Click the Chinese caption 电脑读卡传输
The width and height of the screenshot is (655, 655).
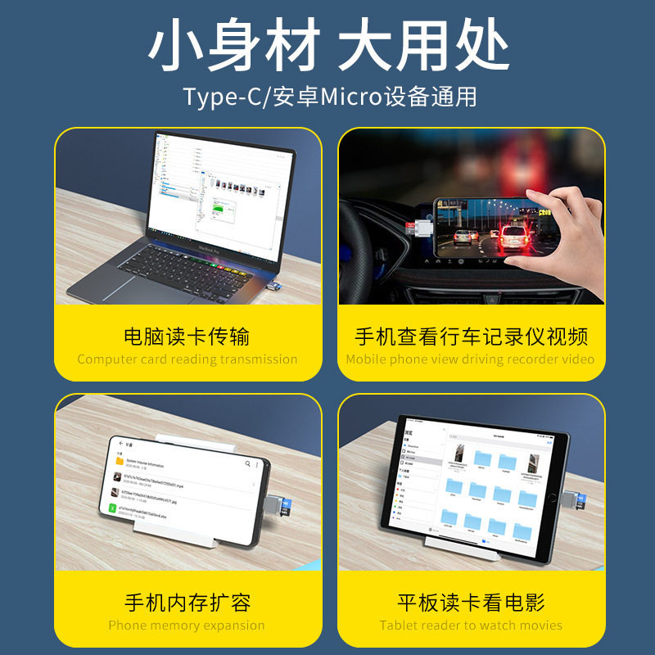[187, 337]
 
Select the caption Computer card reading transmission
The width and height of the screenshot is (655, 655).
[187, 359]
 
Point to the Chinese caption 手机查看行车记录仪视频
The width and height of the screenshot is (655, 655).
[471, 337]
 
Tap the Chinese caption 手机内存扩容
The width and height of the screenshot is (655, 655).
[187, 603]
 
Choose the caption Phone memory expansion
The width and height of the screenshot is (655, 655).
[187, 626]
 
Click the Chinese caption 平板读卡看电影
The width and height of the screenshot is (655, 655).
[471, 603]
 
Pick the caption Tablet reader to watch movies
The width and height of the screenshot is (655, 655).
[471, 626]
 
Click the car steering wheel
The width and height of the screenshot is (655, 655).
[364, 246]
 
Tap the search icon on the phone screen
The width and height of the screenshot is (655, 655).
[248, 463]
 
